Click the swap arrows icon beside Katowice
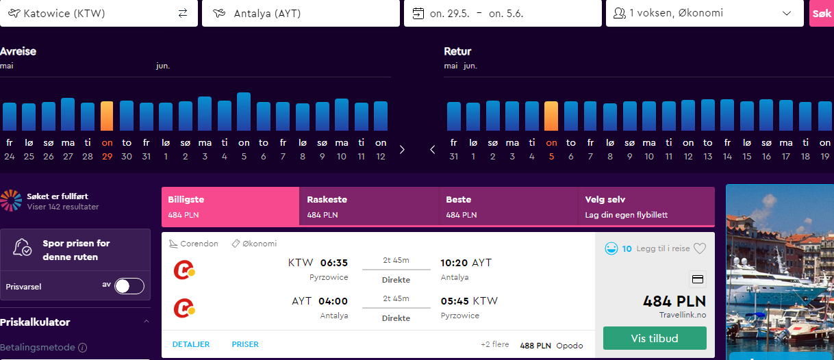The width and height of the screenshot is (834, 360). coord(183,14)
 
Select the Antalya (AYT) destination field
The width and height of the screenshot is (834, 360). coord(301,14)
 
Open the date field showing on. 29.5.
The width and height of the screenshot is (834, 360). coord(503,14)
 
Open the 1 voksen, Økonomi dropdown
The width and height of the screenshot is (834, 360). coord(705,14)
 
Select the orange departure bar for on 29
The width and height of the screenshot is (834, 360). coord(107,116)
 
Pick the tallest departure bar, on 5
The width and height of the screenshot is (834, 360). coord(244,112)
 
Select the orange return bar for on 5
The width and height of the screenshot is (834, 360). coord(551,116)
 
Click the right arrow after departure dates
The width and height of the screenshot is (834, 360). coord(402,150)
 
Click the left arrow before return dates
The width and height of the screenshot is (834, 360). coord(432,150)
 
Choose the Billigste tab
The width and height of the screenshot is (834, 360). coord(231,207)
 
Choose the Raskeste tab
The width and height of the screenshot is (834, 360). coord(369,207)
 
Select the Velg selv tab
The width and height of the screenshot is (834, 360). coord(646,207)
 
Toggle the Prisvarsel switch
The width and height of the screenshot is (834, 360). coord(129,286)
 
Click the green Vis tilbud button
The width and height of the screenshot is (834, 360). coord(655,338)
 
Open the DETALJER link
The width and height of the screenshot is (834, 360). coord(191,344)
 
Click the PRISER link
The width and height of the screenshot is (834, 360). coord(245,344)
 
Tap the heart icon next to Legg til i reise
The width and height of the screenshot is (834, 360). coord(700,248)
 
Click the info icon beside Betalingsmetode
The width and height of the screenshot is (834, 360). coord(83,348)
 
